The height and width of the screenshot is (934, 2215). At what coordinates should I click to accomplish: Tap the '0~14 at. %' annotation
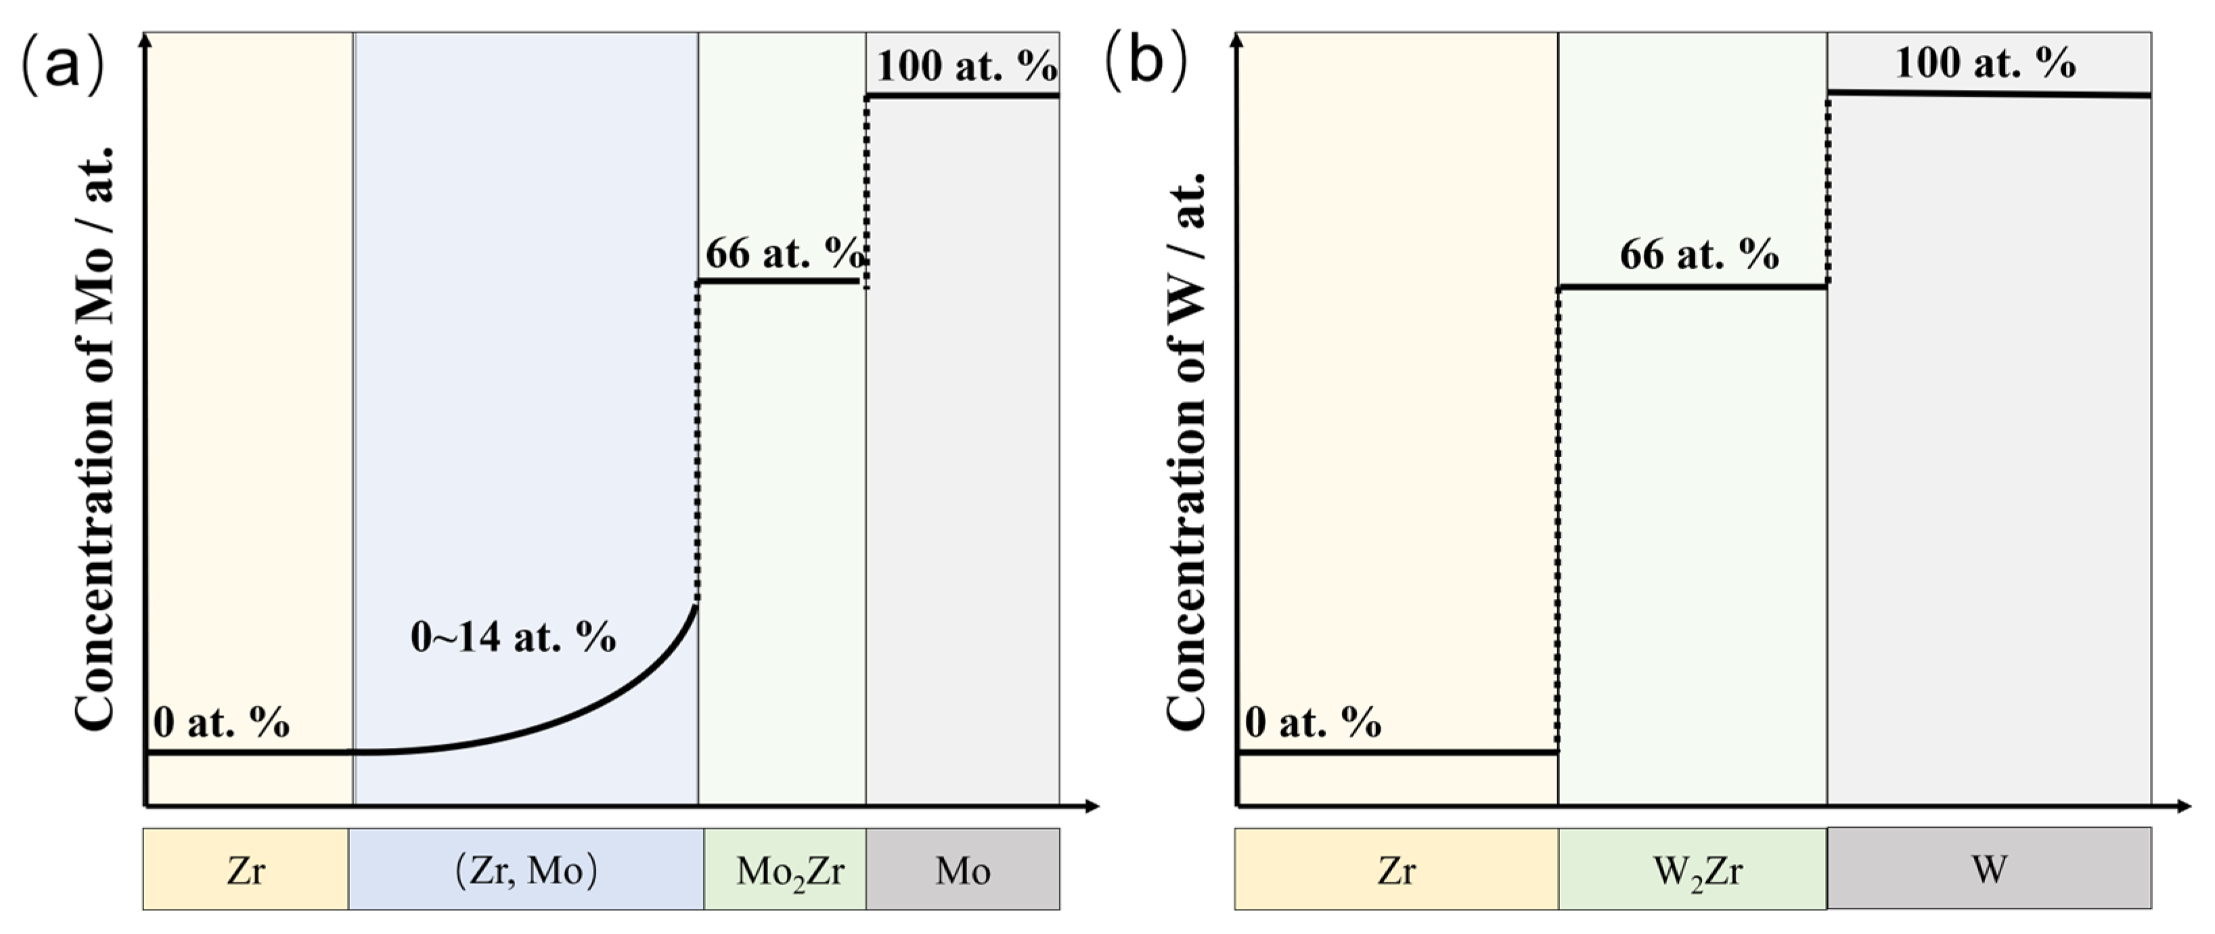[514, 638]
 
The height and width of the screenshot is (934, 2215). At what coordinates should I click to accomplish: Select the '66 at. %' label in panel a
[782, 254]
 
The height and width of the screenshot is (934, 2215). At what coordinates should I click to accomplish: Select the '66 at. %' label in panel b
[1699, 254]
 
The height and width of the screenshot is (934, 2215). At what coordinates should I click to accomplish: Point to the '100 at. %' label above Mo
[966, 66]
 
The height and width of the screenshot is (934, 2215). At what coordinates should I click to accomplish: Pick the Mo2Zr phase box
[785, 870]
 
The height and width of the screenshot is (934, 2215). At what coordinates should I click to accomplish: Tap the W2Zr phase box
[1692, 870]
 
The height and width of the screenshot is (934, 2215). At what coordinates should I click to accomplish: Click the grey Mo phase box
[962, 870]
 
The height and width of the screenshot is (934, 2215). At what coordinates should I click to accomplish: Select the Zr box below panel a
[245, 870]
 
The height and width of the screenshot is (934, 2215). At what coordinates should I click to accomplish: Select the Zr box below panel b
[1395, 870]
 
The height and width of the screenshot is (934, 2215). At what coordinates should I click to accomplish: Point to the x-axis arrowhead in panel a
[1092, 806]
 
